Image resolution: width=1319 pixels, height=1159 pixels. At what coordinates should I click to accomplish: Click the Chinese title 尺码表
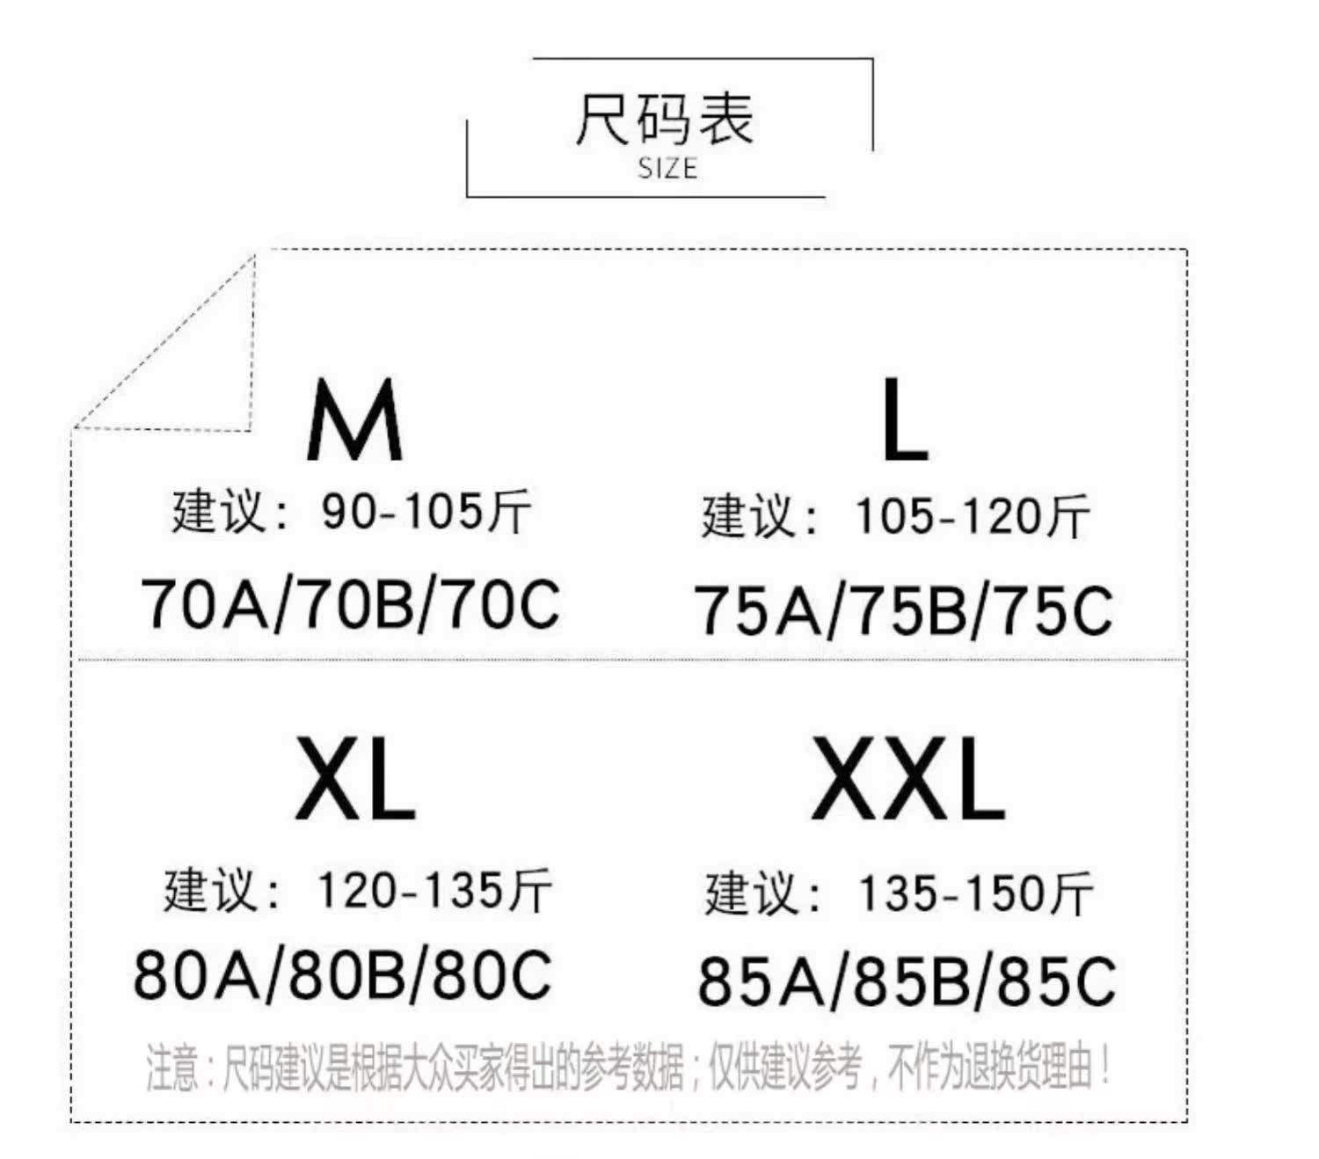665,119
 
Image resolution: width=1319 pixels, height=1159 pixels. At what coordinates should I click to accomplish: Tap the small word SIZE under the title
667,168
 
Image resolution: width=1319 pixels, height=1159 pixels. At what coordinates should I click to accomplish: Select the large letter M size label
354,420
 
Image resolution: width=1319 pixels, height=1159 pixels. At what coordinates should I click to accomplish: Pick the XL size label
354,779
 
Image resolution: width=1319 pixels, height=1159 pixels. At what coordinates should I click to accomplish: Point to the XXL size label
907,779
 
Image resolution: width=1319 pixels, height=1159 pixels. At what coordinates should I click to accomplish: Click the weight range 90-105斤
426,511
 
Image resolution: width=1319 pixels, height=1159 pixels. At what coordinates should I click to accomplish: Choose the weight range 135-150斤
975,894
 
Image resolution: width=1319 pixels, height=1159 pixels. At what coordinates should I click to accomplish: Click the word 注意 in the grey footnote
171,1068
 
